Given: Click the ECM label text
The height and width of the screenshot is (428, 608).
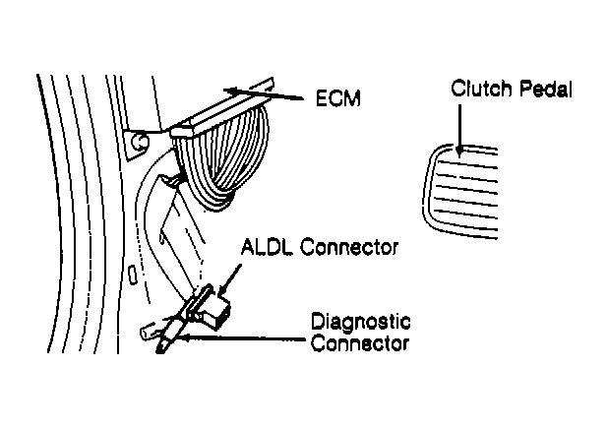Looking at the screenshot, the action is pos(338,98).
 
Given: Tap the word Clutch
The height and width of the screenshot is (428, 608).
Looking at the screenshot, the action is pos(481,89).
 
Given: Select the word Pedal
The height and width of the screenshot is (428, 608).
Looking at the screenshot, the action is pos(546,89).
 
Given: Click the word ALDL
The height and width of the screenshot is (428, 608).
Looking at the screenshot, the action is pos(268,247).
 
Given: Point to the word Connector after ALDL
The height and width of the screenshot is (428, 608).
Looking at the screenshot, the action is pos(349,247).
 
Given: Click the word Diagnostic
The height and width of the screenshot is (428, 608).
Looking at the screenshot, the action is pos(361,323).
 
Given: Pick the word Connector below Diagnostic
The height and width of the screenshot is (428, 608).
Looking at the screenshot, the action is pos(360,343).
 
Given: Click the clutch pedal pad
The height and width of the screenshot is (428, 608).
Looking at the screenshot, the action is pos(460,191).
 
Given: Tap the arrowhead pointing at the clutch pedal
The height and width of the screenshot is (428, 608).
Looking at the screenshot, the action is pos(459,152).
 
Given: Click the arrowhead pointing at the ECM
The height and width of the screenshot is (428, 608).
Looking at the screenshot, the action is pos(232,92).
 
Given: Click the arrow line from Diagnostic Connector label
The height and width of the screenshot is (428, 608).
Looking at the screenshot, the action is pos(243,338).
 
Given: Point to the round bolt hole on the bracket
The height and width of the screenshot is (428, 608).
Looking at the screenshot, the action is pos(139,142).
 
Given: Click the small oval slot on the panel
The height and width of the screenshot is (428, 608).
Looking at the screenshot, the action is pos(133,275).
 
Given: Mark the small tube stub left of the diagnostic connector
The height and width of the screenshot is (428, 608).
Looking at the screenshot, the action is pos(148,333).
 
